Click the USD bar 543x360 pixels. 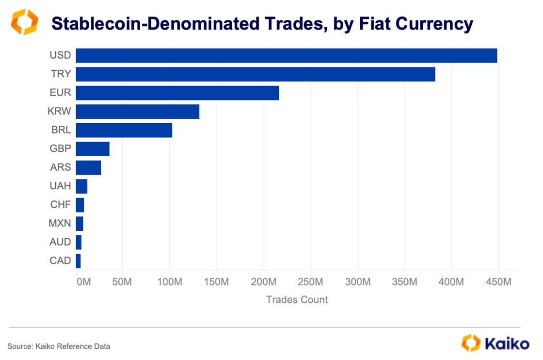286,56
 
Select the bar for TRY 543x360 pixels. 256,74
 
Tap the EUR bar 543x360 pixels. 177,93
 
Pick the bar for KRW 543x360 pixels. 138,112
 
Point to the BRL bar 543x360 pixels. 124,131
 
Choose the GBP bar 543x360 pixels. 93,149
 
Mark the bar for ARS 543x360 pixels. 88,167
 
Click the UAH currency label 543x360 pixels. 60,186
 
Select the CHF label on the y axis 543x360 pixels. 61,204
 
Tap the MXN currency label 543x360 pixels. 60,223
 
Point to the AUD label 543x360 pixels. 60,242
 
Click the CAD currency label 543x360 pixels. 60,261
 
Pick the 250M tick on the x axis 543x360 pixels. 310,282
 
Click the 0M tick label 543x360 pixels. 83,282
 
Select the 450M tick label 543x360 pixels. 498,282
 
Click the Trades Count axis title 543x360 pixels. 297,300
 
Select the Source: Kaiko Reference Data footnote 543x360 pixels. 59,346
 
